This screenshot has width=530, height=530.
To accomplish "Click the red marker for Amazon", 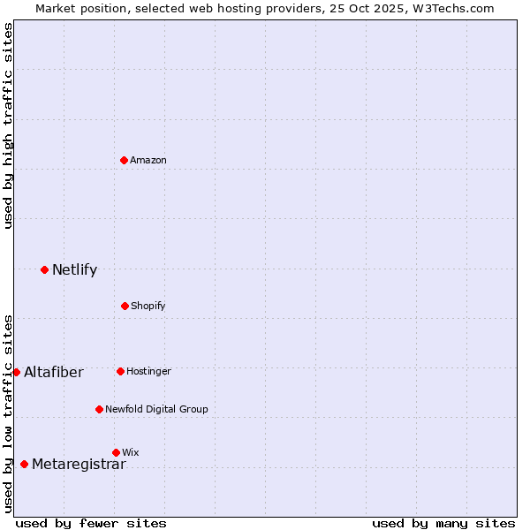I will (x=124, y=160).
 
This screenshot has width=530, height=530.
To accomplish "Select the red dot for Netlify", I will (x=44, y=269).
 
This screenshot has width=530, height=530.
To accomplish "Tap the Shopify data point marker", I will (x=125, y=306).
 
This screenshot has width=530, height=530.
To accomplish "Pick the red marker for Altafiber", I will (x=16, y=372).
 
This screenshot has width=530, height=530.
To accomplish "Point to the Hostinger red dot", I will (x=120, y=371).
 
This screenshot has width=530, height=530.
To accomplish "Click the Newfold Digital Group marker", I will (x=99, y=409).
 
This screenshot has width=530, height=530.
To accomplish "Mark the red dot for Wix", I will (x=116, y=452).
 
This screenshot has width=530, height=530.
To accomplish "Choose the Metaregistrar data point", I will (x=24, y=464).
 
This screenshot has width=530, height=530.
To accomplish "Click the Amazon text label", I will (x=148, y=160).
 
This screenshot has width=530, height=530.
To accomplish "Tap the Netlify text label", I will (x=74, y=270).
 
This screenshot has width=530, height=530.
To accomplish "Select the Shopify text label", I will (x=148, y=306).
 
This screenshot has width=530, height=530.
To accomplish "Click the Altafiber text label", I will (x=54, y=373).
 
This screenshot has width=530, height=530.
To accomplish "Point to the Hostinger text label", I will (x=148, y=371).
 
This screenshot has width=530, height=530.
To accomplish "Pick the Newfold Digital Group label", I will (x=156, y=409).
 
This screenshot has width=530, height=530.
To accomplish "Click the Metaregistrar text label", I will (x=79, y=465).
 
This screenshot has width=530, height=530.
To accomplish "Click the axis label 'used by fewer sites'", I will (x=91, y=523).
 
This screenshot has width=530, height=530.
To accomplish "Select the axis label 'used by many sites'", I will (x=443, y=523).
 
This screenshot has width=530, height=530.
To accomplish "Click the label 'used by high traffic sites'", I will (x=8, y=125).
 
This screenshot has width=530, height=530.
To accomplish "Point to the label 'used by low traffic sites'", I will (x=8, y=413).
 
